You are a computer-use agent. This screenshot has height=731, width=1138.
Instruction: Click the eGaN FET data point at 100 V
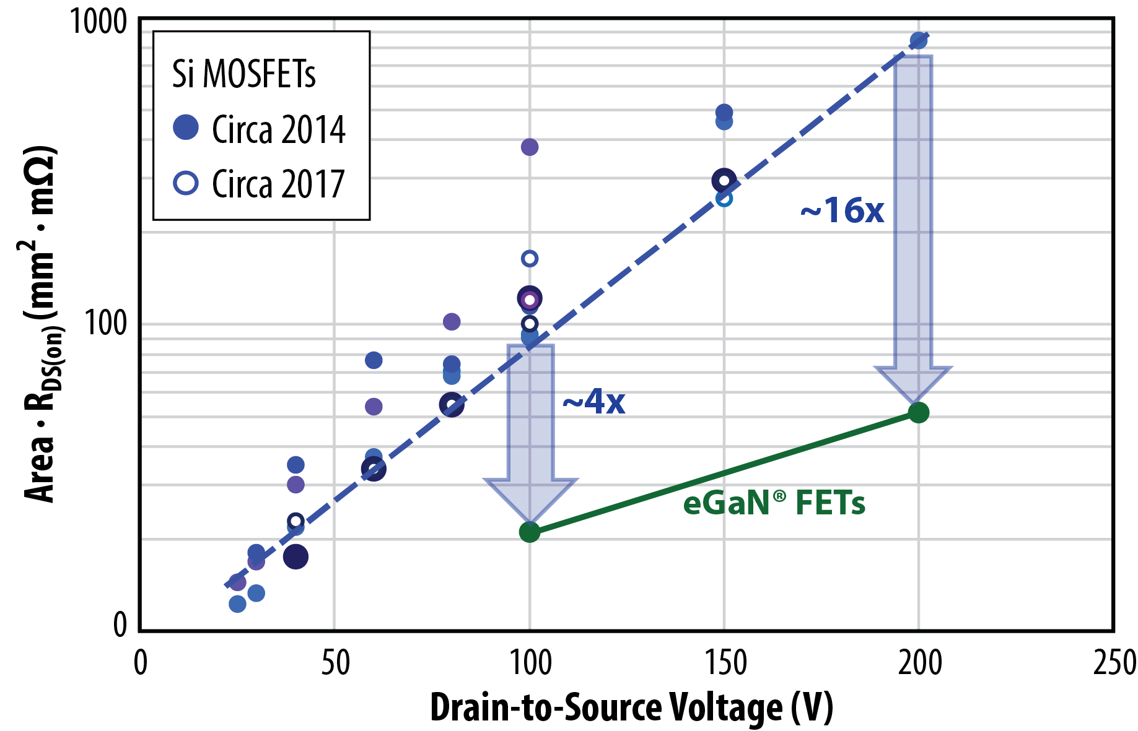click(529, 532)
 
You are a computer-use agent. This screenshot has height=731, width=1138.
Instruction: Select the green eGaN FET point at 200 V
click(918, 412)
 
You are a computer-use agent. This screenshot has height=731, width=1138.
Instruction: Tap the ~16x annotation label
click(842, 211)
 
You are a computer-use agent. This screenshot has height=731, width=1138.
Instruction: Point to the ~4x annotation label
click(593, 402)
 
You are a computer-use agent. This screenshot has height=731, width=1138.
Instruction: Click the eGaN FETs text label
click(774, 503)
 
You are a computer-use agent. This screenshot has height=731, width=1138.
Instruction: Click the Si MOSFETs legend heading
click(244, 74)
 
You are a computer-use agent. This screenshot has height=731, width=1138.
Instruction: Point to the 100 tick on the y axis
click(105, 323)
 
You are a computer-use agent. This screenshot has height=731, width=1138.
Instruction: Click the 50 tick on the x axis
click(335, 663)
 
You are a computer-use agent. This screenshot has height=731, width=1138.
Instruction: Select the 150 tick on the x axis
click(724, 663)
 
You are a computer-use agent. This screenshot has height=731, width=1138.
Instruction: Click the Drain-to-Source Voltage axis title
click(631, 707)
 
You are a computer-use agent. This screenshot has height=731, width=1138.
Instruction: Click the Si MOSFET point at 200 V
click(918, 41)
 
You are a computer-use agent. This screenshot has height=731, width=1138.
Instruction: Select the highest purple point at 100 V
click(530, 147)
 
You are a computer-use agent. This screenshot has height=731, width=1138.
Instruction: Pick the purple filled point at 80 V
click(452, 321)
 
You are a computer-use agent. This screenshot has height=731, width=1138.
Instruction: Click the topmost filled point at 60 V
click(374, 360)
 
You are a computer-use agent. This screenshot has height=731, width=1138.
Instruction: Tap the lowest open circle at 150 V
click(724, 199)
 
